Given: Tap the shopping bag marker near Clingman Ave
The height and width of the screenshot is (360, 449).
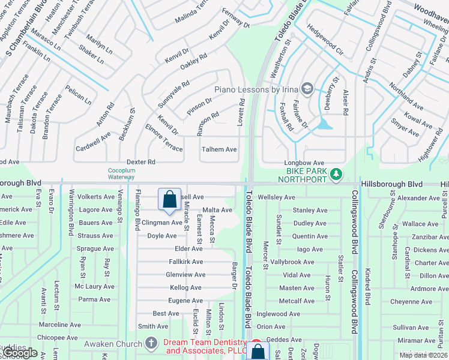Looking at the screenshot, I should click(x=170, y=199).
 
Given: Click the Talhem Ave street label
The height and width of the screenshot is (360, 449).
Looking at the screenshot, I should click(x=219, y=149).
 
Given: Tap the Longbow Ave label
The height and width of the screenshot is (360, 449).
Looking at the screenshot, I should click(x=304, y=163).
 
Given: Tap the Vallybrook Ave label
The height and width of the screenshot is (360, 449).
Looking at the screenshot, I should click(x=293, y=262).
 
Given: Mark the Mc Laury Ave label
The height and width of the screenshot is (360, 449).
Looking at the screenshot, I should click(x=95, y=287).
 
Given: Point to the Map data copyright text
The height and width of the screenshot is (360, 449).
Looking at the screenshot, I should click(x=423, y=355).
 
